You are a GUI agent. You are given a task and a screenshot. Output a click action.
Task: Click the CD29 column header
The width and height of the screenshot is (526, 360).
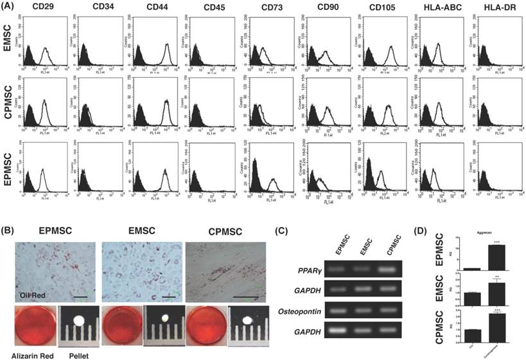[x=39, y=8]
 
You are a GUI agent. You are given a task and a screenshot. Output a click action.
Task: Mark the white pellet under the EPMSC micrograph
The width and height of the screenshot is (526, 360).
[x=80, y=319]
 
